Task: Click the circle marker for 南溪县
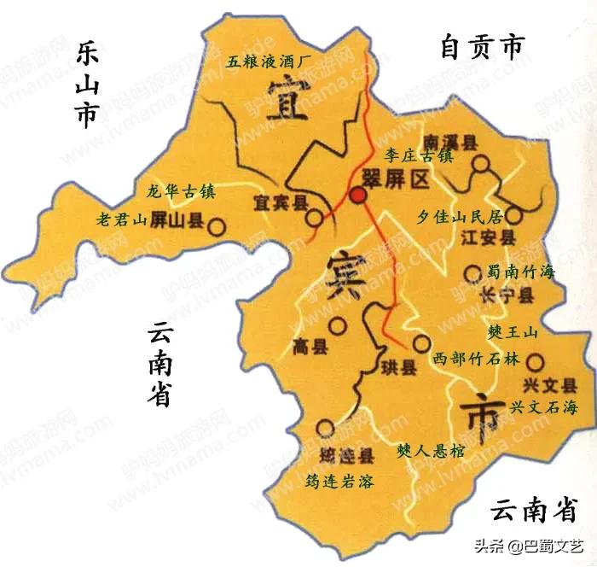pos(483,164)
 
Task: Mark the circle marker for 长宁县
pos(472,273)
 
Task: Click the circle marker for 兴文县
pos(535,361)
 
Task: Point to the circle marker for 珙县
pos(420,344)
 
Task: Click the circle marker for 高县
pos(339,325)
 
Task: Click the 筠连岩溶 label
pos(339,481)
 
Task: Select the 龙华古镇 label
pos(182,192)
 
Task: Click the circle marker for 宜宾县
pos(315,218)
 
